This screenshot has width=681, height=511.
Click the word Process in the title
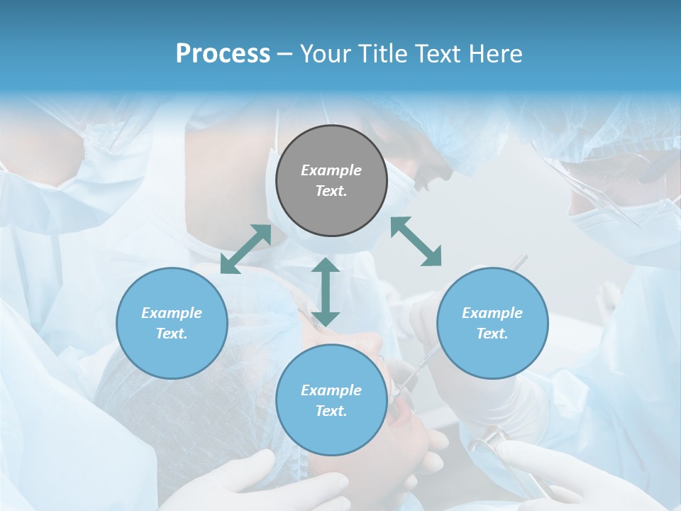(x=223, y=54)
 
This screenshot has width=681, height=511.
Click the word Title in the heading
(x=381, y=54)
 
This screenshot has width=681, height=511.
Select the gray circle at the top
(x=331, y=180)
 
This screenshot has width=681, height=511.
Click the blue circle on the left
(x=172, y=323)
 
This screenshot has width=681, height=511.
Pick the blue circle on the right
(x=492, y=323)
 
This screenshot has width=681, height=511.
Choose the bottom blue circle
(x=331, y=400)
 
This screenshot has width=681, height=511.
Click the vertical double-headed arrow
(x=326, y=292)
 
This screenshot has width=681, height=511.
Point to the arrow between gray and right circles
(x=416, y=241)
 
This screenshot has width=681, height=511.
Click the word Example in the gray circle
(x=331, y=170)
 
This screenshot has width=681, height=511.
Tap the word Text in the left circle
(x=172, y=334)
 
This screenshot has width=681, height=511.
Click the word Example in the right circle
(x=492, y=313)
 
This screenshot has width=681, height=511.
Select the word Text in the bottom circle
(x=331, y=411)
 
